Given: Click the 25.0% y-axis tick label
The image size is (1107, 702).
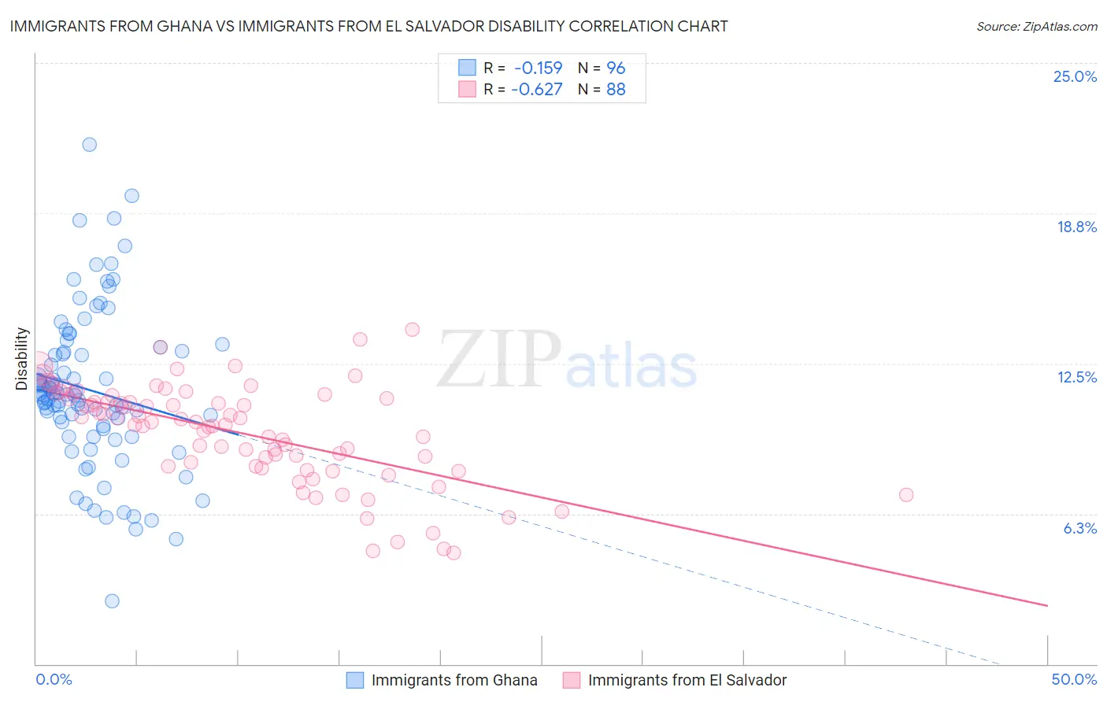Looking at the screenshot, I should click(x=1075, y=76).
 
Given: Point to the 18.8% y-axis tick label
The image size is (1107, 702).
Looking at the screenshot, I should click(x=1076, y=227).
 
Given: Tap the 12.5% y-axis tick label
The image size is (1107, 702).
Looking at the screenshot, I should click(x=1076, y=377).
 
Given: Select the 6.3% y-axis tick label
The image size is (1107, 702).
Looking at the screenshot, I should click(x=1079, y=528).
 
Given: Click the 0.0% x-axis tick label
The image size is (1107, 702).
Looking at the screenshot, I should click(x=54, y=679).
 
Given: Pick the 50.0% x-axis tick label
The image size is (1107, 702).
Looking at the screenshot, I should click(x=1074, y=679).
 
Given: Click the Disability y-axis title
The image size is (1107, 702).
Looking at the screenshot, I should click(x=22, y=359).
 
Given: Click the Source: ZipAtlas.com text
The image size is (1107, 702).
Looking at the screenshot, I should click(x=1036, y=26).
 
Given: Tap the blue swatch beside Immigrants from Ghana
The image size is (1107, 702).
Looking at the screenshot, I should click(x=355, y=680).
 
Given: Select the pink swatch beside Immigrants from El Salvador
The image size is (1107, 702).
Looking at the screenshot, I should click(x=572, y=680).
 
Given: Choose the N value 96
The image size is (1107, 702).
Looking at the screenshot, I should click(x=616, y=68).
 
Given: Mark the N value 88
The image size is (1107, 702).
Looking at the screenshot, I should click(x=616, y=89).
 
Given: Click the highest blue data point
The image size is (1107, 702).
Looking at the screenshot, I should click(x=90, y=145).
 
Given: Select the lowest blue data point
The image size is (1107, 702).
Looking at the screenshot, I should click(x=112, y=601).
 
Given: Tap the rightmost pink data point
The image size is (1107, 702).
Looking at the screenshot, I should click(x=906, y=495).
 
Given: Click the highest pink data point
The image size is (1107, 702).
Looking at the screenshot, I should click(x=412, y=330).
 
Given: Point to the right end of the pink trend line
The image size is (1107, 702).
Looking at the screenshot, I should click(x=1047, y=605).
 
